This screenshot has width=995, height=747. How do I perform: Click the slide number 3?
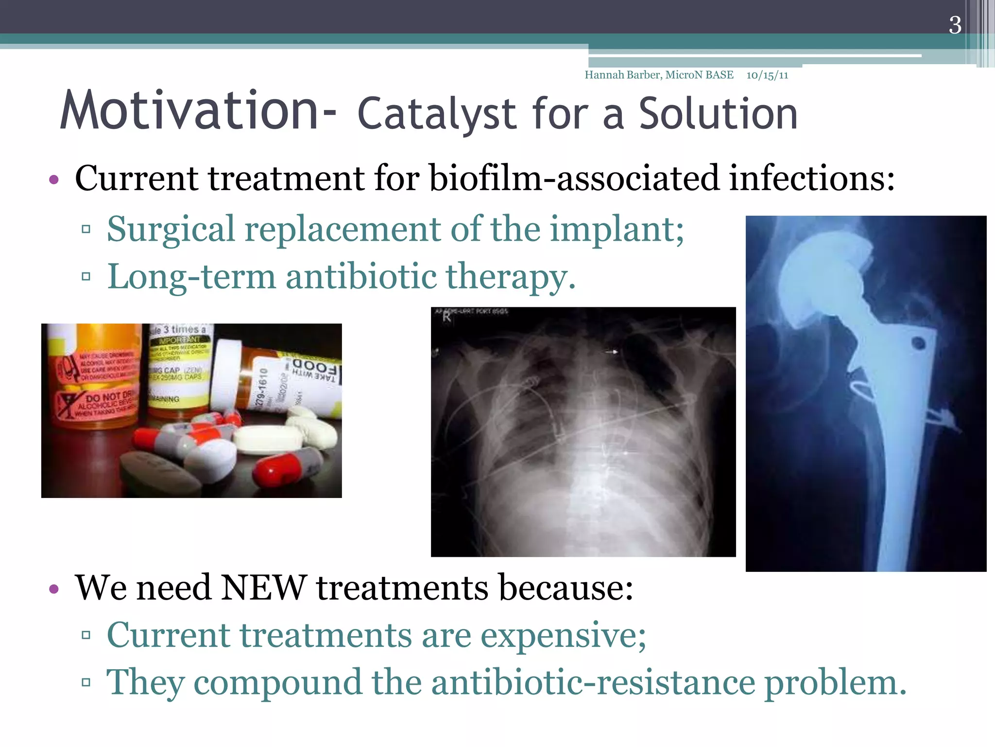point(955,25)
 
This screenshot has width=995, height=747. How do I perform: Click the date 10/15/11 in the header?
point(767,75)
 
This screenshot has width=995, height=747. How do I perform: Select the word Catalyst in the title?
point(436,115)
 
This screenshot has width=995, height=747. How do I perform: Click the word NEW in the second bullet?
point(263,588)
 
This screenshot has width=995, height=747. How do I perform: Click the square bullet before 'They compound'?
point(86,682)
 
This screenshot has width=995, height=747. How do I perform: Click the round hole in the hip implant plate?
point(918,343)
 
